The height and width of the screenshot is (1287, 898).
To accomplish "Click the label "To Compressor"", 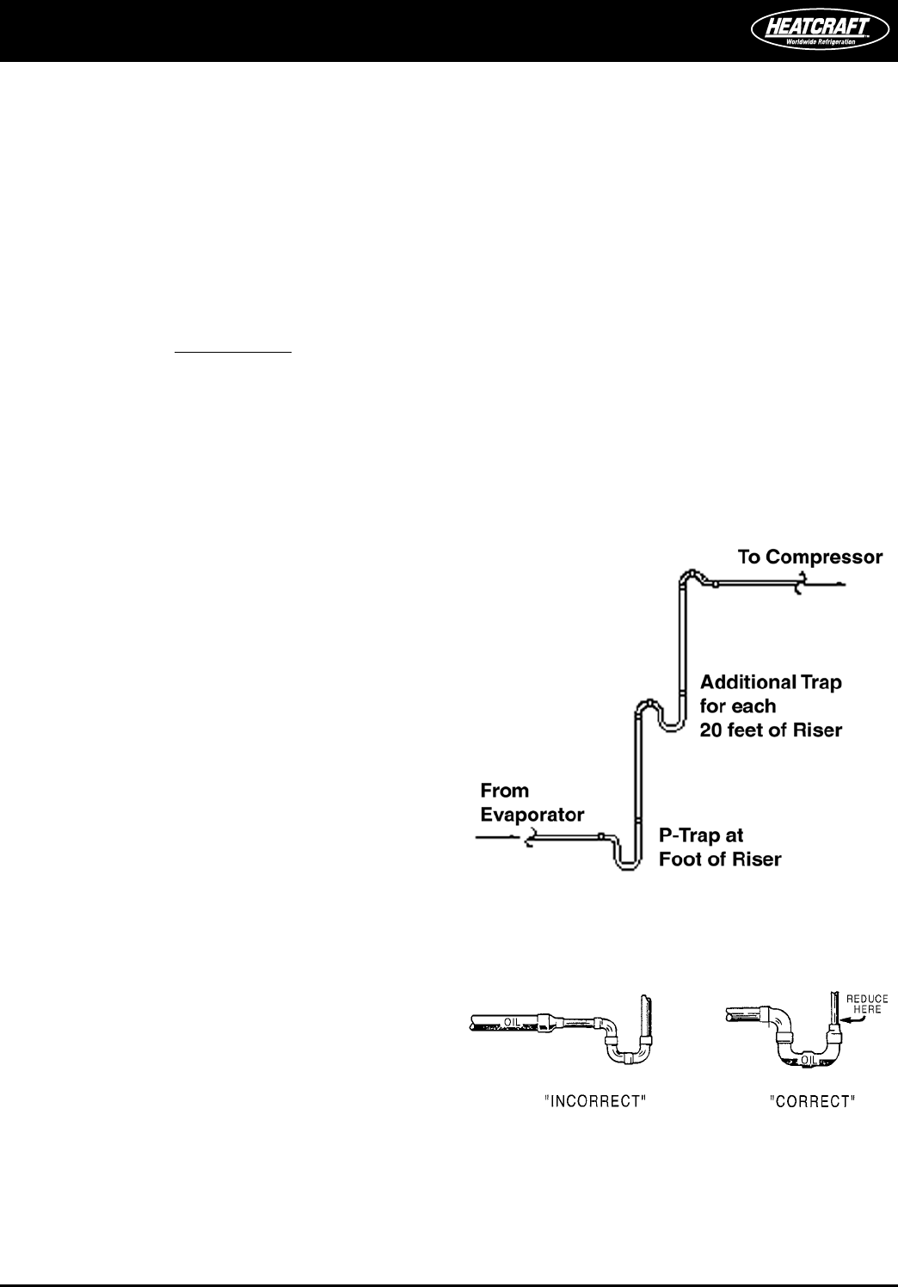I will [x=810, y=557].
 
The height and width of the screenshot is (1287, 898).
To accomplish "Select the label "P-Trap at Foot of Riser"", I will [x=719, y=847].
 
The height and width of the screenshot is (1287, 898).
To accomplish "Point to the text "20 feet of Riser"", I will [x=771, y=730].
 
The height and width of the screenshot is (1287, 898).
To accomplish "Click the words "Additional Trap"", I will [x=771, y=682].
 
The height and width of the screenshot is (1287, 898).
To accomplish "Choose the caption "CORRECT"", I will [x=812, y=1102].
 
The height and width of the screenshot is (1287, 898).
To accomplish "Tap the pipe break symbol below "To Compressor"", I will [x=800, y=586].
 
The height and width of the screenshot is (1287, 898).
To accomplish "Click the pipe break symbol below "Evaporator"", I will [x=531, y=836].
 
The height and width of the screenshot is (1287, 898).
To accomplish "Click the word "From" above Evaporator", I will [x=504, y=791].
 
